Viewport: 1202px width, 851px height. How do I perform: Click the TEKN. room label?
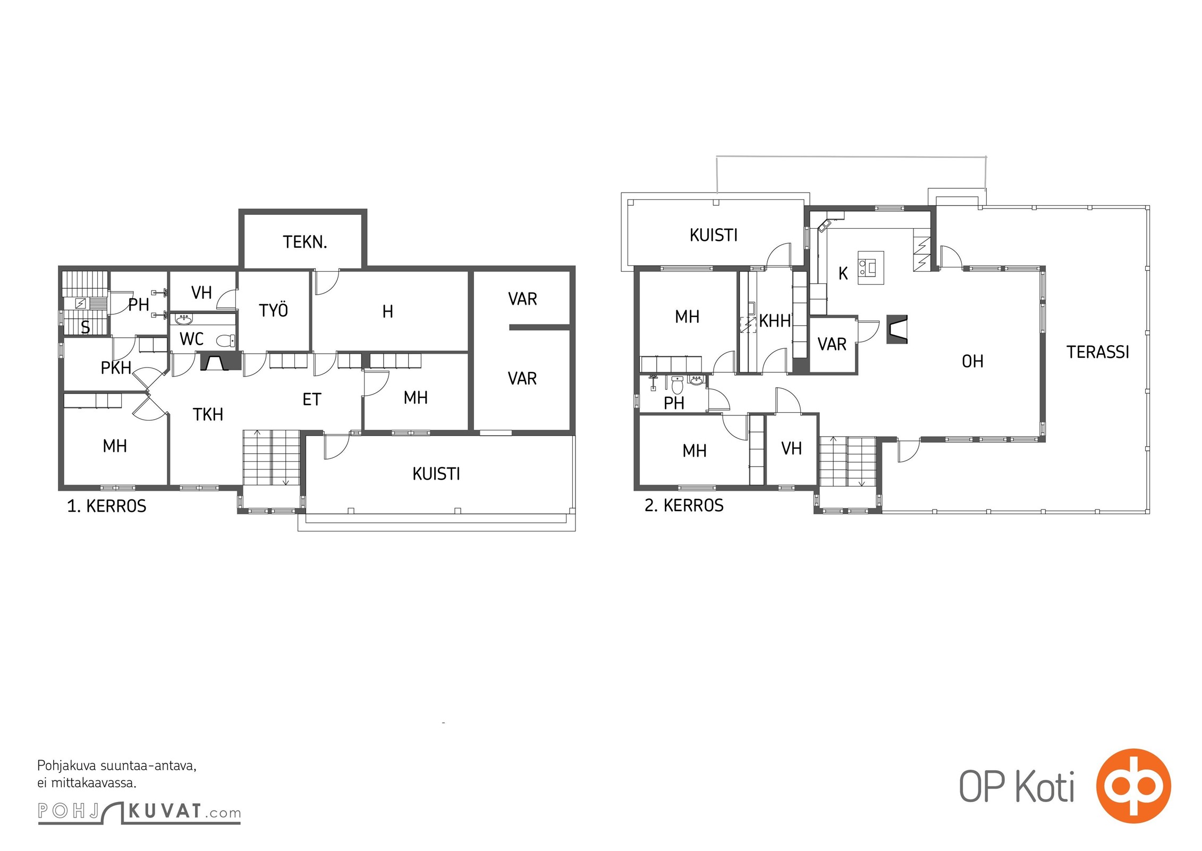(x=304, y=243)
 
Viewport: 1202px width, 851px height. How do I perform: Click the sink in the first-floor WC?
(x=184, y=319)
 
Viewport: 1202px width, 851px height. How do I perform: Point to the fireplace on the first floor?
(x=215, y=363)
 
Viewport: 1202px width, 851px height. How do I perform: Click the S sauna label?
(x=85, y=328)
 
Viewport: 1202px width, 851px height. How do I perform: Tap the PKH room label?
(x=116, y=368)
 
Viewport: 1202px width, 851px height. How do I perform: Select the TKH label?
(x=208, y=414)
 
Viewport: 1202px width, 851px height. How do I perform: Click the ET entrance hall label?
(x=312, y=399)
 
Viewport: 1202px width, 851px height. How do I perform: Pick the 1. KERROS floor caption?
(x=106, y=506)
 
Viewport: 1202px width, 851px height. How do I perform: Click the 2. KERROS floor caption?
(x=684, y=505)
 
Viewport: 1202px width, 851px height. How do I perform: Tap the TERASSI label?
(x=1098, y=352)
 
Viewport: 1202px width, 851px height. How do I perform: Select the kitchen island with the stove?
(x=870, y=268)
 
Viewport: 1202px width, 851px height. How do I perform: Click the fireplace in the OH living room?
(x=897, y=329)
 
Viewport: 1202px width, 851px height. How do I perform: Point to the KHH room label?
(x=775, y=321)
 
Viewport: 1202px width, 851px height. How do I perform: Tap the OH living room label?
(x=972, y=362)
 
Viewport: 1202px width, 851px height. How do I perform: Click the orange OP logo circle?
(x=1133, y=785)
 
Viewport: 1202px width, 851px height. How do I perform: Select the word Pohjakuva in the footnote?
(x=67, y=766)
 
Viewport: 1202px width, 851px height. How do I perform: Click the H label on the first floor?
(x=388, y=312)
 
